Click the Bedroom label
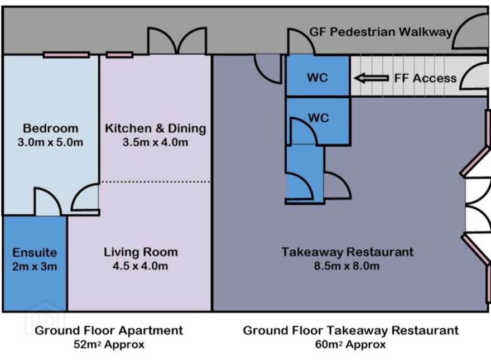click(x=50, y=128)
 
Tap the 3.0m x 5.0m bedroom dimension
click(x=50, y=142)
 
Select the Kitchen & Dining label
click(x=155, y=128)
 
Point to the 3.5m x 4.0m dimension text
click(x=155, y=142)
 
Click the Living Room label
click(x=141, y=252)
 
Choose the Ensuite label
click(x=35, y=252)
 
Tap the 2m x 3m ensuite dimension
click(x=35, y=266)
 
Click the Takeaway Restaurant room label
click(x=347, y=252)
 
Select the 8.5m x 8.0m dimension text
click(x=347, y=266)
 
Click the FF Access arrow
click(x=372, y=78)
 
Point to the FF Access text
click(x=425, y=78)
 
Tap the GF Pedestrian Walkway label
click(x=381, y=32)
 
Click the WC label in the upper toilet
click(x=317, y=78)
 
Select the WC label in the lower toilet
click(x=319, y=118)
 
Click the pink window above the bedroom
click(x=66, y=55)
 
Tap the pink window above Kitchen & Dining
click(x=119, y=55)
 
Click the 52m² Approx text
click(x=109, y=344)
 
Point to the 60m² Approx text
click(x=350, y=344)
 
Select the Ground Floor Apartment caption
click(x=109, y=330)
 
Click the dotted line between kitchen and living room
click(x=155, y=182)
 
